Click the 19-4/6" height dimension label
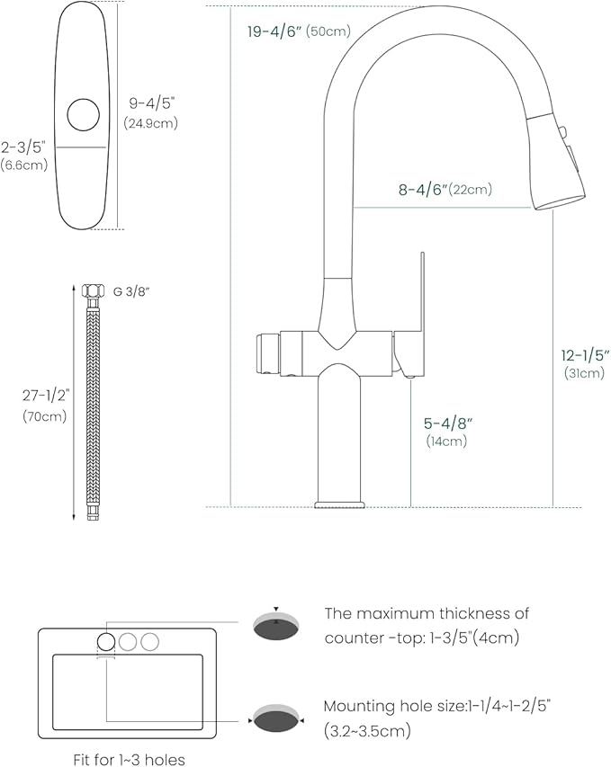[274, 31]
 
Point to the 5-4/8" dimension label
[446, 423]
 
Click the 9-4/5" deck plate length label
[151, 103]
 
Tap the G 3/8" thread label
[131, 290]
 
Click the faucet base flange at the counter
[339, 501]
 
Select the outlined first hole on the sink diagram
[106, 641]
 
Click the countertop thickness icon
[276, 627]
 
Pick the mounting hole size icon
[276, 720]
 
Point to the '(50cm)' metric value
[328, 31]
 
